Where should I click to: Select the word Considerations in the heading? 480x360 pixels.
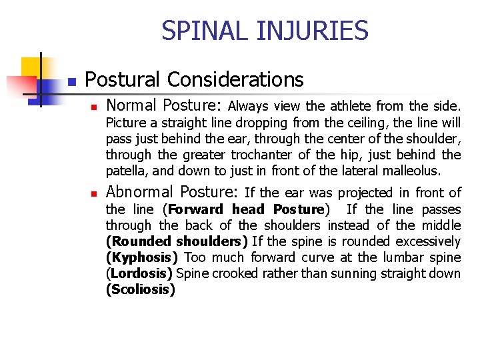click(235, 80)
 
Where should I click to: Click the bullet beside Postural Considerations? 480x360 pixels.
click(73, 82)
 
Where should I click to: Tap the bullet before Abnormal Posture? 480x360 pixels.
click(95, 194)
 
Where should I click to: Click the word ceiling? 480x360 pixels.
click(351, 123)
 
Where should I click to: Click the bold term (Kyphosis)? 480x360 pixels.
click(141, 257)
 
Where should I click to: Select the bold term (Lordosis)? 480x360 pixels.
click(139, 273)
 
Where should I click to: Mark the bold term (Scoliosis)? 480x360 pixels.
click(140, 289)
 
